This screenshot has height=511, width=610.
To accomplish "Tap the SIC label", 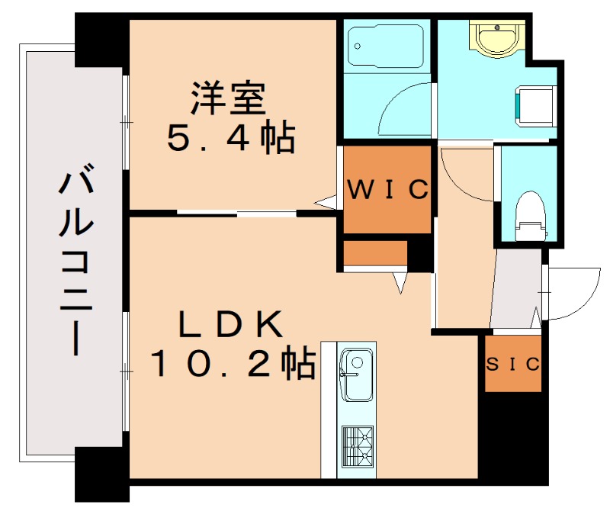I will [x=513, y=364].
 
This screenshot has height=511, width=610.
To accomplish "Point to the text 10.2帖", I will [x=233, y=365].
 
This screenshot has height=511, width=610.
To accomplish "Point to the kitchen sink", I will [x=355, y=375].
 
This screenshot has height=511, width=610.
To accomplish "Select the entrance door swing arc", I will [x=572, y=294].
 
